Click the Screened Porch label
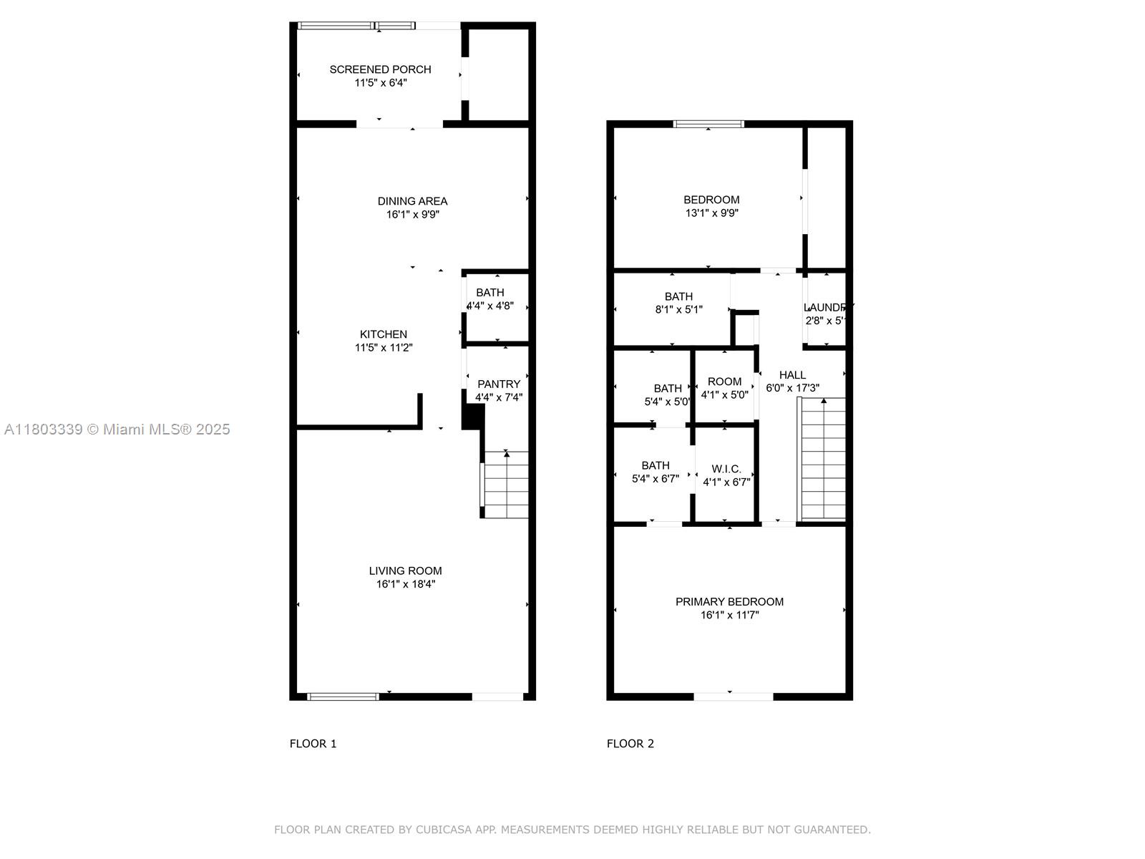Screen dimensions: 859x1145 point(380,69)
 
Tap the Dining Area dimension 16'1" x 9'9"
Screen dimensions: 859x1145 point(412,215)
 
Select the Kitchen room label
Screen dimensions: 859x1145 point(384,334)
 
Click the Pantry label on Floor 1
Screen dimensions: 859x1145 point(499,384)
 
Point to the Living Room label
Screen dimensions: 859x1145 point(405,571)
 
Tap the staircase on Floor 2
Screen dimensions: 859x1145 point(823,458)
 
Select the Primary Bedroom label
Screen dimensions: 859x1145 point(729,602)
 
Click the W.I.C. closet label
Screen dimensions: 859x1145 point(726,470)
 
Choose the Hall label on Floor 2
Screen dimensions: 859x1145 point(792,375)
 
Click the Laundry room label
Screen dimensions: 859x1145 point(827,308)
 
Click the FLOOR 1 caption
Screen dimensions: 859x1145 point(313,744)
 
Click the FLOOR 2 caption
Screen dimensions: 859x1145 point(630,744)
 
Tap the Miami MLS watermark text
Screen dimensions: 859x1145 point(117,429)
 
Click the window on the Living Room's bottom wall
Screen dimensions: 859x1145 point(343,696)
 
